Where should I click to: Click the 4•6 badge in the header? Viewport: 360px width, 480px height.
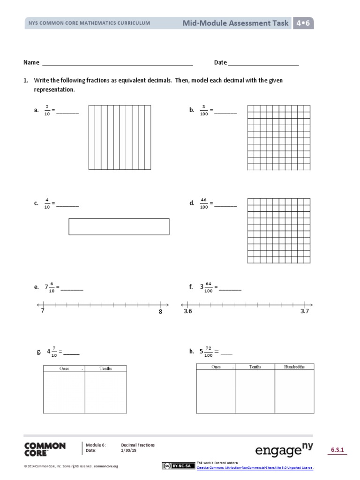point(304,23)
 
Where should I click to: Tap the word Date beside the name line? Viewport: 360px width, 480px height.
point(220,62)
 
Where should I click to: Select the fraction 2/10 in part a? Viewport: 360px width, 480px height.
point(47,110)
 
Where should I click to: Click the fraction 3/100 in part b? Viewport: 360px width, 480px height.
point(204,110)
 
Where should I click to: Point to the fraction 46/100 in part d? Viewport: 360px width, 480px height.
point(204,203)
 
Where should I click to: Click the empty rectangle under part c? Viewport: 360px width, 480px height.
point(119,226)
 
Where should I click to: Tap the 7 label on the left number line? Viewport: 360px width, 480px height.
point(43,311)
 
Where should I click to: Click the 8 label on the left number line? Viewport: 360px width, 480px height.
point(160,312)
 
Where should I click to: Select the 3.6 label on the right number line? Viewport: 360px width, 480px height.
point(188,311)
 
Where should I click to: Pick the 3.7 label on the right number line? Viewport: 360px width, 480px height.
point(305,311)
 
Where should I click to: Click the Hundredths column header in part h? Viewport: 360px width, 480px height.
point(294,367)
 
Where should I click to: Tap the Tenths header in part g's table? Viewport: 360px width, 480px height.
point(105,368)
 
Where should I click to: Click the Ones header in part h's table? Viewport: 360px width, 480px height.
point(216,367)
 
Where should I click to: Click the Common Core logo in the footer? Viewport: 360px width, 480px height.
point(45,449)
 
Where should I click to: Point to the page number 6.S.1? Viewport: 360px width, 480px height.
point(338,450)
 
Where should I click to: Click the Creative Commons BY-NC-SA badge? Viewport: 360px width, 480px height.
point(178,465)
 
